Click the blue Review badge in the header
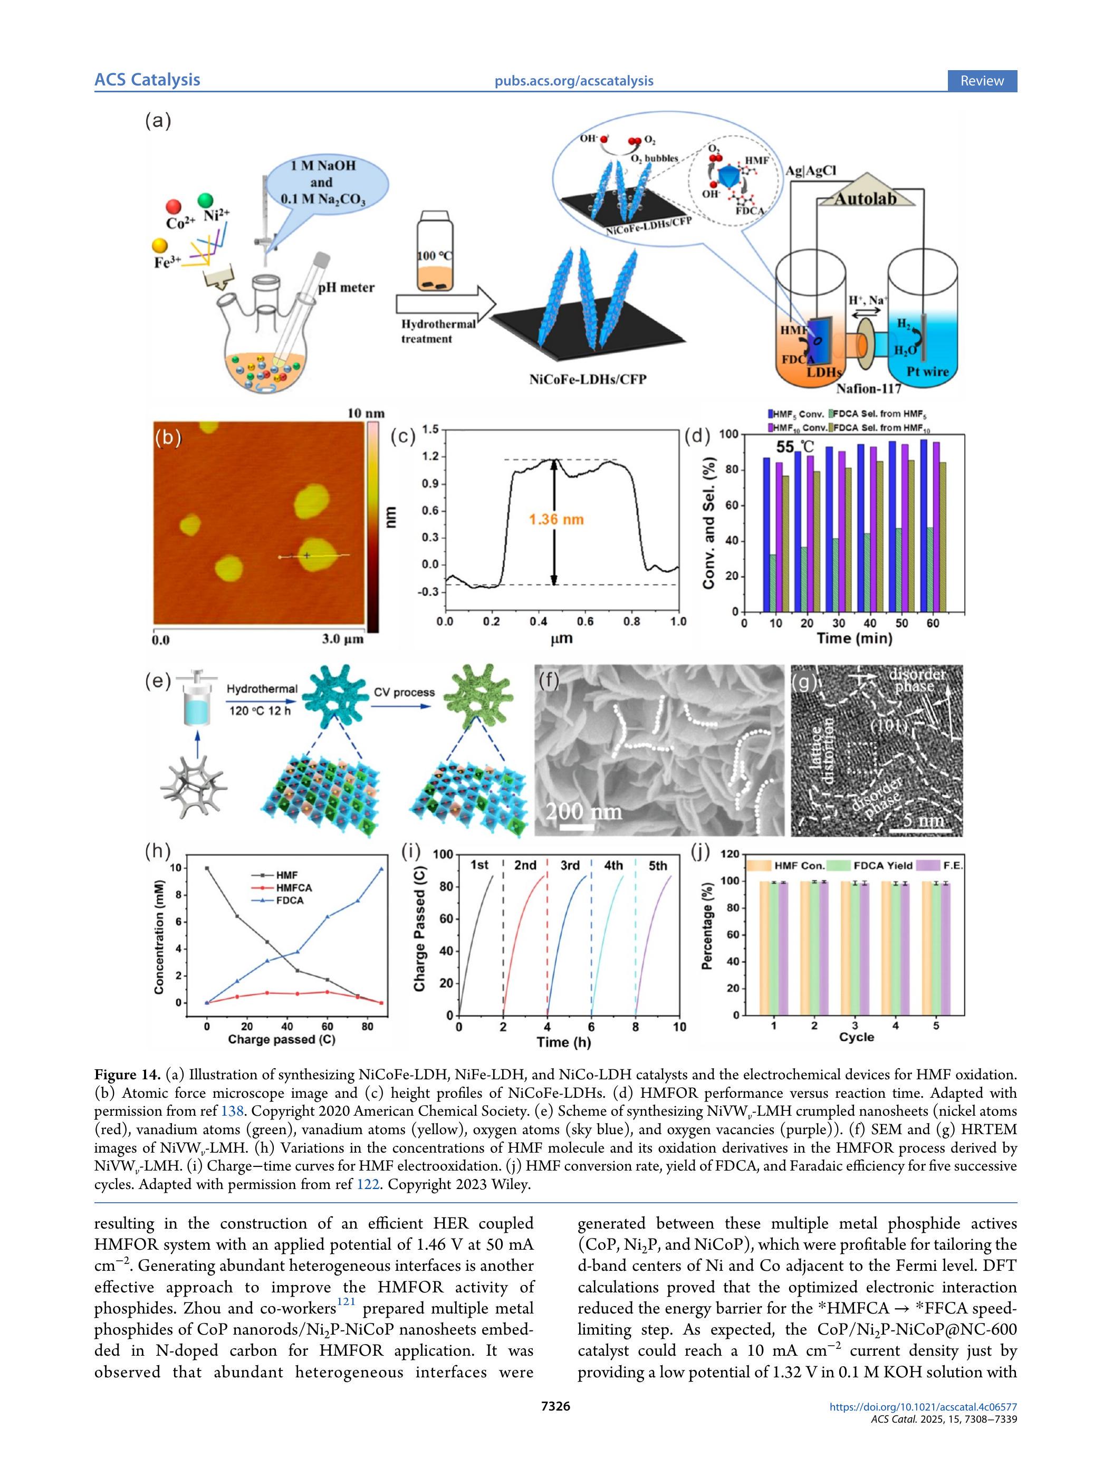pyautogui.click(x=982, y=81)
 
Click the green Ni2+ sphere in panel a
pyautogui.click(x=206, y=200)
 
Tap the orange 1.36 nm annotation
pyautogui.click(x=556, y=519)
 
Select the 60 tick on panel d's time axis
pyautogui.click(x=933, y=624)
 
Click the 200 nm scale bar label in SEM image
pyautogui.click(x=584, y=811)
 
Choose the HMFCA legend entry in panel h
pyautogui.click(x=293, y=887)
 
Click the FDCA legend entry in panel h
pyautogui.click(x=289, y=900)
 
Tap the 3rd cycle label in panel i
pyautogui.click(x=570, y=866)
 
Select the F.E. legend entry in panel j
pyautogui.click(x=953, y=866)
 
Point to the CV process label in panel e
pyautogui.click(x=404, y=693)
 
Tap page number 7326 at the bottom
pyautogui.click(x=556, y=1406)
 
